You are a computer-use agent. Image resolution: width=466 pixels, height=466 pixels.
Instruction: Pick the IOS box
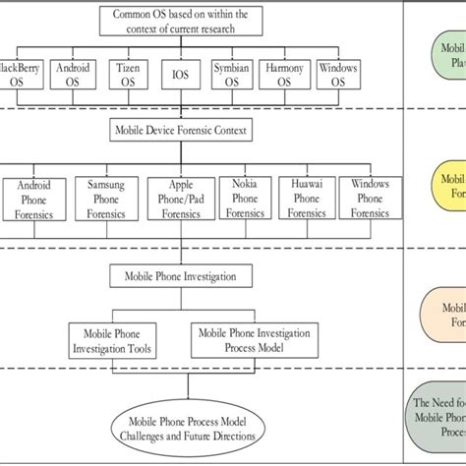[181, 75]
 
